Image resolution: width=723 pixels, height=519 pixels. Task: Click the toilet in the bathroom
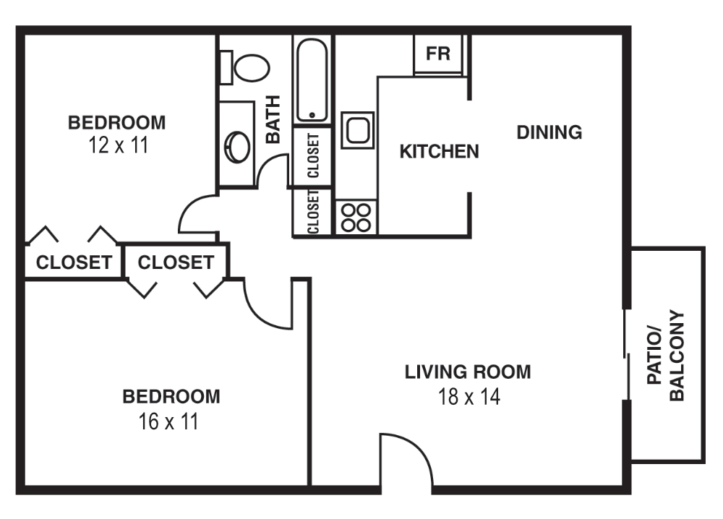point(249,67)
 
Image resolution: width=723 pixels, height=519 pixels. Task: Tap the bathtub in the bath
point(312,80)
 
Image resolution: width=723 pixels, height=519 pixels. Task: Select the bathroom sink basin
point(237,147)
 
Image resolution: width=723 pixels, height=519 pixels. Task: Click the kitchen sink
point(357,130)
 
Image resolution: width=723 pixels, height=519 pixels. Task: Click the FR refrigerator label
point(438,54)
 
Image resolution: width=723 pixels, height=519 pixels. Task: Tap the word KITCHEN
point(439,151)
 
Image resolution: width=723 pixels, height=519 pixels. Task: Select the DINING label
point(549,132)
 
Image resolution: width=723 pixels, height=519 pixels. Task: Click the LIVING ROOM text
point(467,372)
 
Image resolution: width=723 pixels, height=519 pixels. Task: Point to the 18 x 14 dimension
point(469,397)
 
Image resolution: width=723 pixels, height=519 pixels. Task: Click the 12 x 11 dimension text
point(117,145)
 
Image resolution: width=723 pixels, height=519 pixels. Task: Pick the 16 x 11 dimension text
point(169,421)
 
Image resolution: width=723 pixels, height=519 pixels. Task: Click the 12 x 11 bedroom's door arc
point(194,213)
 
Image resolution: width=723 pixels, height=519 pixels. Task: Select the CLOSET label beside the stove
point(314,211)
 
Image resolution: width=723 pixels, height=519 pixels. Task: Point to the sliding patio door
point(626,354)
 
